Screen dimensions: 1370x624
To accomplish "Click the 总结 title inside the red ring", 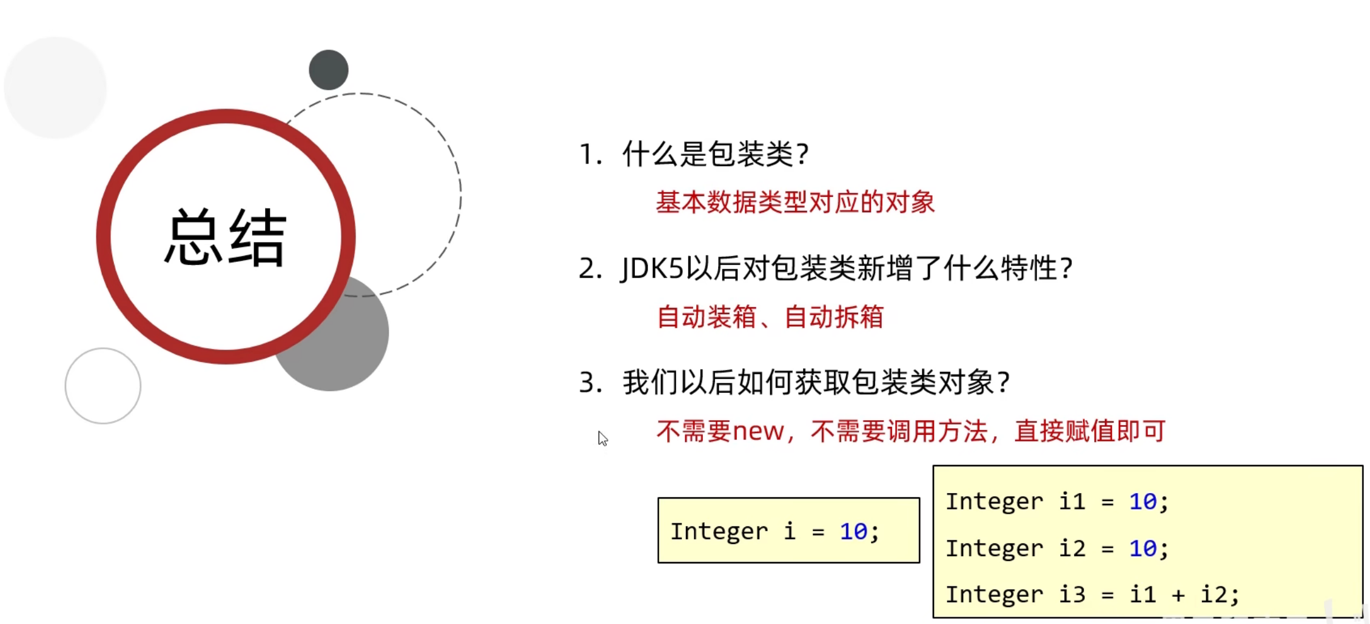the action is coord(226,238).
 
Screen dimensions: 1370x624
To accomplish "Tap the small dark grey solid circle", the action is coord(329,70).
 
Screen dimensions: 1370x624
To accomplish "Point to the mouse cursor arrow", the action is coord(602,438).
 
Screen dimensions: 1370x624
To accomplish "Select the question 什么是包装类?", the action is coord(716,154).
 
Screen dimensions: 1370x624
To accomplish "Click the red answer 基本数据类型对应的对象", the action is coord(795,202).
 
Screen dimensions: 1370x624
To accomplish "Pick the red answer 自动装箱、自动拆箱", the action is coord(770,317).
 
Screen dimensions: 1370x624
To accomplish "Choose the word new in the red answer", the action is coord(758,431).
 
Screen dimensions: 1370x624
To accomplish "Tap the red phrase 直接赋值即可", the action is coord(1090,431).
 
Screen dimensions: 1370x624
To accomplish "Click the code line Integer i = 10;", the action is coord(774,531).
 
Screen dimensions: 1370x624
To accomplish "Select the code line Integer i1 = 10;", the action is coord(1056,502).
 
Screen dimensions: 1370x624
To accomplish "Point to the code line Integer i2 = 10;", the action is coord(1056,548).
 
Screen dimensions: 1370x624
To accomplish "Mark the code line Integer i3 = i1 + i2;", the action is coord(1092,594).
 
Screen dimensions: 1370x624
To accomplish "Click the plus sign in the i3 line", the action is coord(1178,595).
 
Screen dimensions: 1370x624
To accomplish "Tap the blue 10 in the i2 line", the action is coord(1143,548).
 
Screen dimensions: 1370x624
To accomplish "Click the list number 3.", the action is coord(587,383).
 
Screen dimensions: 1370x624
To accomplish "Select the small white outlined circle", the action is coord(103,386).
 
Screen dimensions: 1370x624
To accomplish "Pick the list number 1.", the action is coord(586,154).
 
